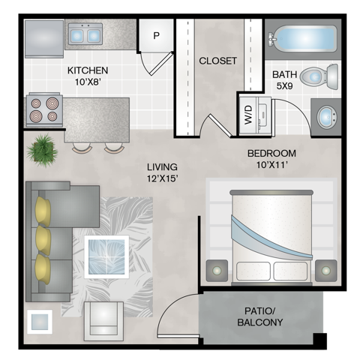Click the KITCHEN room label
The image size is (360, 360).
(x=88, y=70)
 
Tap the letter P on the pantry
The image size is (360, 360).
(x=156, y=36)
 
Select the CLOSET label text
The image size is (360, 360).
(x=217, y=61)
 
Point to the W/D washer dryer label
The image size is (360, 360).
(x=248, y=115)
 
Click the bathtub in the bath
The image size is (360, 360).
(x=302, y=39)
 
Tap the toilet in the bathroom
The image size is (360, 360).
(x=319, y=76)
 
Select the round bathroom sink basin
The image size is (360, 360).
(x=327, y=117)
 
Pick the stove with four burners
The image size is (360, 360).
(x=44, y=109)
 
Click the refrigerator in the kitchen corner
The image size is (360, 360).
(x=44, y=39)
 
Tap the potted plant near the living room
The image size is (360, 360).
(x=43, y=151)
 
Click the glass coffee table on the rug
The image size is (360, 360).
(x=106, y=256)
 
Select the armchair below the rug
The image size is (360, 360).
(x=103, y=321)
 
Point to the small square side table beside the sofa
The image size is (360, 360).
(x=40, y=322)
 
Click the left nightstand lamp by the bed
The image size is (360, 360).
(x=217, y=271)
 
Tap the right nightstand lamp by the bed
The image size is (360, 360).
(x=325, y=271)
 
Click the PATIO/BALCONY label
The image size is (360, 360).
(x=260, y=316)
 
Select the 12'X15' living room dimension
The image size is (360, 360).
(x=163, y=178)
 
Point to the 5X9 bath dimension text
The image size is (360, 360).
(x=284, y=86)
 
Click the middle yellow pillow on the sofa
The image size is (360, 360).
(x=43, y=241)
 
